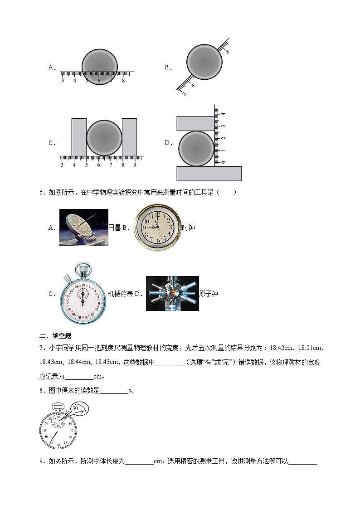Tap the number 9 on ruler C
point(135,165)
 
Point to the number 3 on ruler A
point(62,81)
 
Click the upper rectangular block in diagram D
point(195,123)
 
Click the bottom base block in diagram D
point(209,174)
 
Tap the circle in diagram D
point(196,149)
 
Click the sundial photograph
point(83,228)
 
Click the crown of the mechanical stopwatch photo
point(83,269)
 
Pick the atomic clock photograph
point(172,294)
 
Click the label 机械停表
point(120,294)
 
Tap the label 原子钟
point(209,294)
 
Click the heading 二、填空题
point(56,336)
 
